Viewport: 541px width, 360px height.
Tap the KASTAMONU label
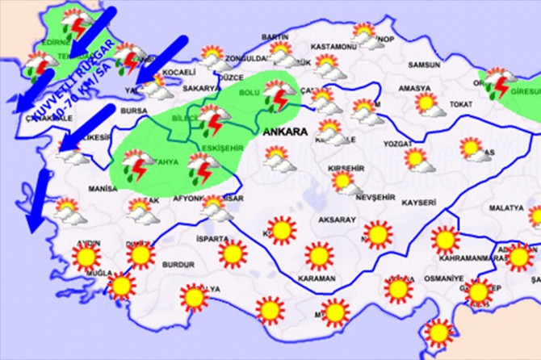333,46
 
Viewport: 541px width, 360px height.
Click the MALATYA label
506,207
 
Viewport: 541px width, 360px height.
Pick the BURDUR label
178,264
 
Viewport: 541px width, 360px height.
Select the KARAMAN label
317,278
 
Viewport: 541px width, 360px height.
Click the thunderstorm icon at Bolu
279,98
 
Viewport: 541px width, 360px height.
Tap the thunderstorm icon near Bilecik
212,121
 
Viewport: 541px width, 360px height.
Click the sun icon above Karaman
320,255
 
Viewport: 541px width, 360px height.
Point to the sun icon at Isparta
233,254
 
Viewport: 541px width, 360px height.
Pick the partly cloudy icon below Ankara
278,157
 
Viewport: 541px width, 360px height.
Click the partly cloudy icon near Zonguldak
213,59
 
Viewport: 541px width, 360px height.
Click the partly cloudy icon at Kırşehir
346,182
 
